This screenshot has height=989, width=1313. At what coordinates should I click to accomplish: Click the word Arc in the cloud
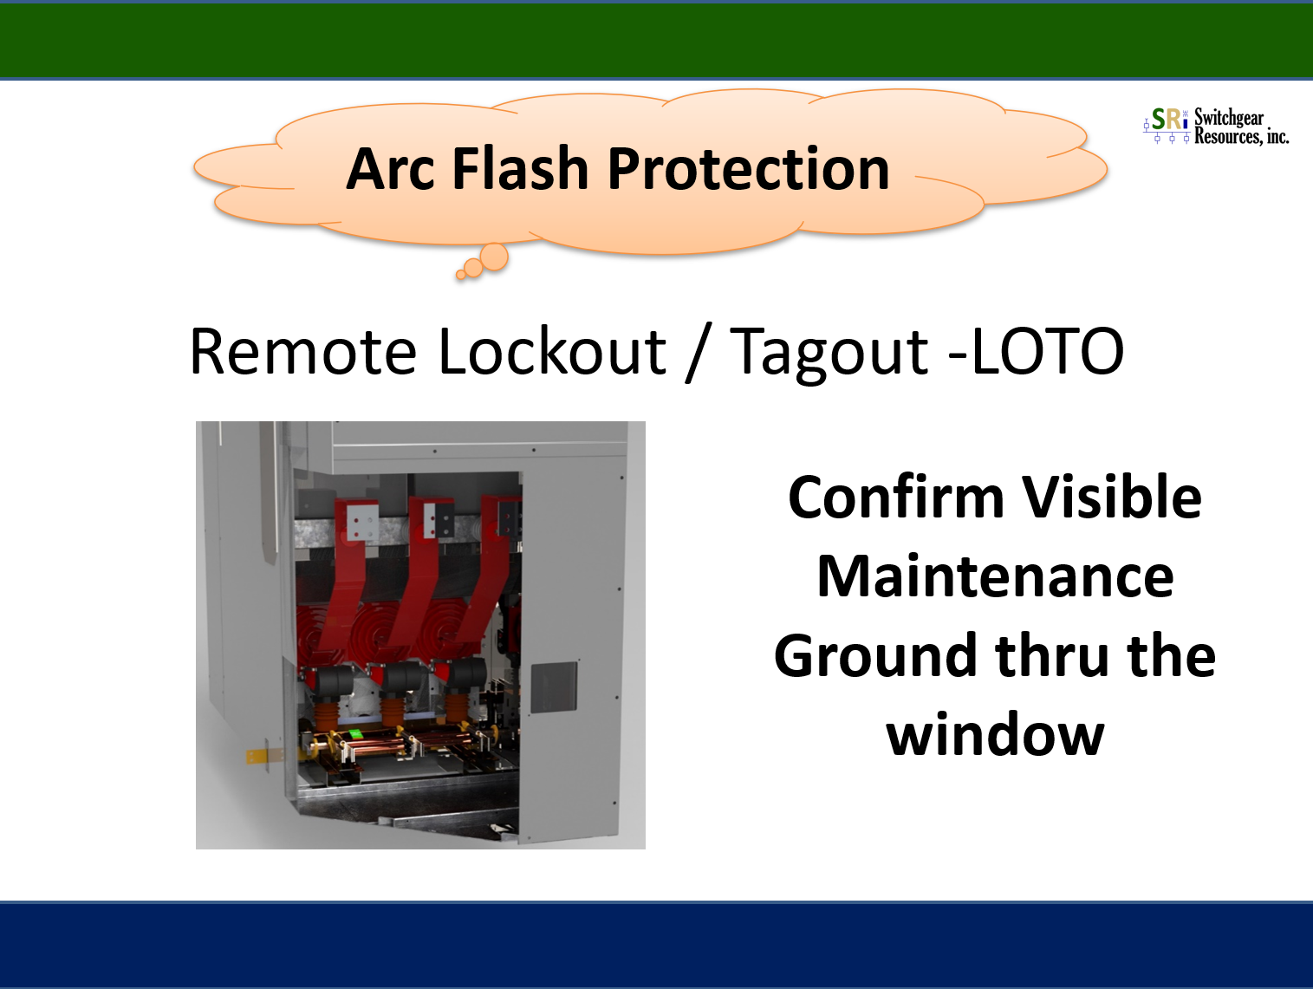(x=389, y=169)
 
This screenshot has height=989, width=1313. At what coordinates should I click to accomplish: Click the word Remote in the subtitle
(x=302, y=351)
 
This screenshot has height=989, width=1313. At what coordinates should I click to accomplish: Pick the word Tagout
(x=829, y=355)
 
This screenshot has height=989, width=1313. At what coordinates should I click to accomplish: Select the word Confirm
(x=895, y=497)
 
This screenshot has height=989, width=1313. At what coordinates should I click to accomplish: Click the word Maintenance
(x=996, y=576)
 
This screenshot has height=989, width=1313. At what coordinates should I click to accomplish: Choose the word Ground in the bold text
(x=874, y=656)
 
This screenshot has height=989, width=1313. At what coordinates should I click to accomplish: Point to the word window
(x=995, y=735)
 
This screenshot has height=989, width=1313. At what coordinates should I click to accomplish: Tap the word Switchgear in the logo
(x=1229, y=117)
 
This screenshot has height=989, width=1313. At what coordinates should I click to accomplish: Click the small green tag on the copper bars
(x=356, y=734)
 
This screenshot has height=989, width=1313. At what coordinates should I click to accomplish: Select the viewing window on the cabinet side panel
(x=554, y=686)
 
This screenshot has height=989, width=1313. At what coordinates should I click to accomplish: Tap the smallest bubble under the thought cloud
(x=460, y=275)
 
